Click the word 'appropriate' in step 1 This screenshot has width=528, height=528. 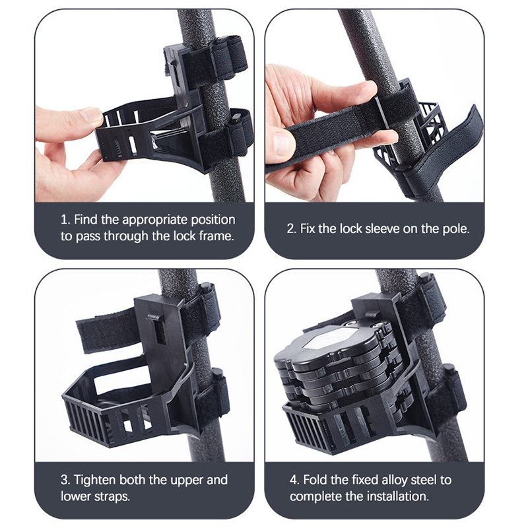(155, 220)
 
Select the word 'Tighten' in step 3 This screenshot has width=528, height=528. (94, 480)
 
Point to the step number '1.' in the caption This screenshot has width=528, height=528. (65, 220)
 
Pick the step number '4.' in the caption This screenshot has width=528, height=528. (295, 480)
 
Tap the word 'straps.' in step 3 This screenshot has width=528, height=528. (112, 496)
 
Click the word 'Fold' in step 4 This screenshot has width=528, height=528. (315, 480)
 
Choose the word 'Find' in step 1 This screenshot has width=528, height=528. (86, 220)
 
